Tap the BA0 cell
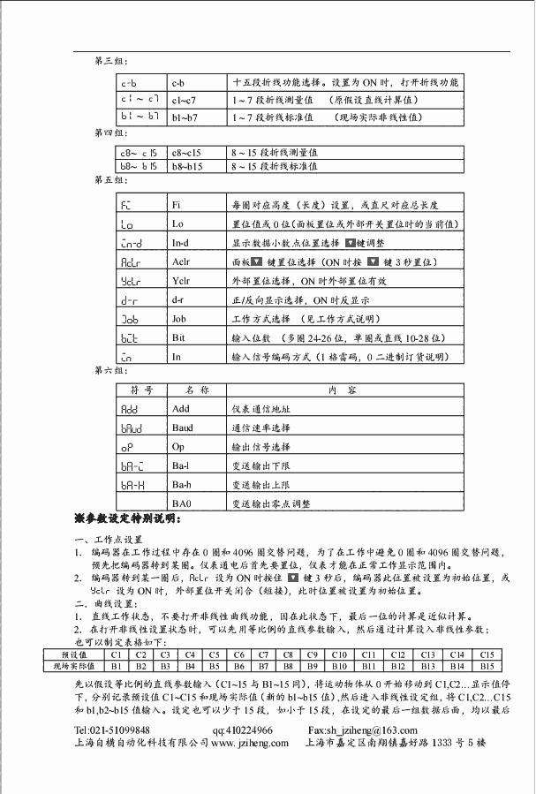coord(182,503)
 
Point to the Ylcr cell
coord(181,282)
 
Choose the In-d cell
coord(181,243)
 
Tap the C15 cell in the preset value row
coord(487,654)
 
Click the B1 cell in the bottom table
coord(116,665)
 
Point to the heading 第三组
coord(109,59)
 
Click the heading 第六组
coord(109,372)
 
